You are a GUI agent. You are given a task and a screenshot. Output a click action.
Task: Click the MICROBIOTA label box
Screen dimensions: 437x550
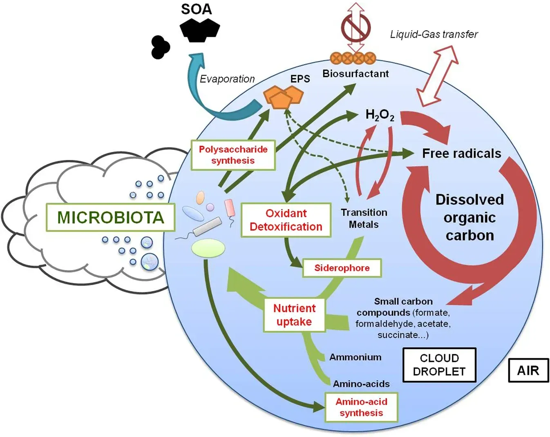point(110,217)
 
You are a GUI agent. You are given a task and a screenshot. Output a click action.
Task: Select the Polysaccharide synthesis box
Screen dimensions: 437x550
point(233,155)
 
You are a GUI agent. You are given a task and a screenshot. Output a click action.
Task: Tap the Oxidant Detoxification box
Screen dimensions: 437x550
point(286,220)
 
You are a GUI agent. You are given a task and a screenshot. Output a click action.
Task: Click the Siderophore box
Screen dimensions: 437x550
point(342,268)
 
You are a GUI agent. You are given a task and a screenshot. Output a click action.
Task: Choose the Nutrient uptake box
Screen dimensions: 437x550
point(294,315)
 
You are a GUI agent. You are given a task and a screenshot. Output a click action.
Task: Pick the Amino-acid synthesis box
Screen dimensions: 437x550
point(361,407)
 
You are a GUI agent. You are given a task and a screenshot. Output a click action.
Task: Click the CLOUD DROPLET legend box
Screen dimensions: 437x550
point(439,365)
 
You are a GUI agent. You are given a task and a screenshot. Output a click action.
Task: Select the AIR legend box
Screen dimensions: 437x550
point(528,370)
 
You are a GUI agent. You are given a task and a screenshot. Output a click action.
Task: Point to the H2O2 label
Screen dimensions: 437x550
point(380,116)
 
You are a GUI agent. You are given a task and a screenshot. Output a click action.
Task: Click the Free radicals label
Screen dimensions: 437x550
point(461,154)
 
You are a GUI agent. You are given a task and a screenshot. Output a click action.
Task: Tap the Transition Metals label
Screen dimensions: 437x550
point(364,218)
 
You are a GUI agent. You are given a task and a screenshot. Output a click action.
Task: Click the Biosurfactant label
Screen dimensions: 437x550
point(355,74)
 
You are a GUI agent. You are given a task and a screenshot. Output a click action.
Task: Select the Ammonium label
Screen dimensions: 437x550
point(355,357)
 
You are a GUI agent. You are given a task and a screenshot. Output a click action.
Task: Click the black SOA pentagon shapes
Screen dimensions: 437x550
point(200,29)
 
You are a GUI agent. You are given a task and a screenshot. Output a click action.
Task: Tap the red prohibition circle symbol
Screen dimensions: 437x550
point(356,28)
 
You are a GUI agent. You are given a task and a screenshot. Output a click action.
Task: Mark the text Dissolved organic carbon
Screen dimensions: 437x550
point(470,217)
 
